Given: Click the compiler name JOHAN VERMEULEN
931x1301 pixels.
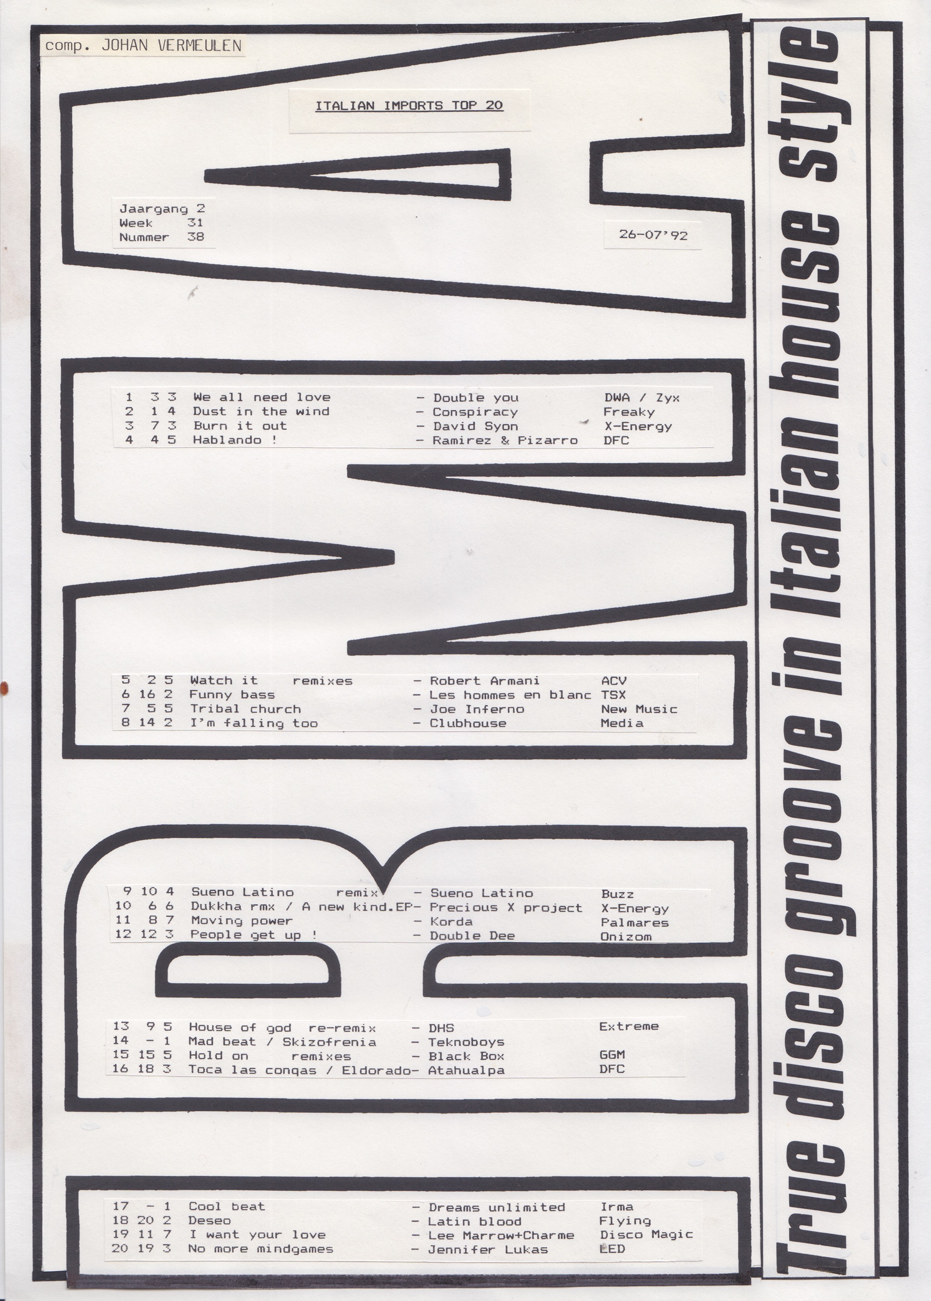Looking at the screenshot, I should pos(171,46).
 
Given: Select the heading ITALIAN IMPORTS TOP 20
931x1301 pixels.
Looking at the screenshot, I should pos(409,105).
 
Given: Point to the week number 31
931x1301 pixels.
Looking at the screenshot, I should pos(195,223).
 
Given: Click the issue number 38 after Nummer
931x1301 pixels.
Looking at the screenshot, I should pos(195,237).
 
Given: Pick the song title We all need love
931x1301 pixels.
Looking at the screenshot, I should pos(261,397).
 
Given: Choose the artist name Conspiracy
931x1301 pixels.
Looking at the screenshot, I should pos(475,412).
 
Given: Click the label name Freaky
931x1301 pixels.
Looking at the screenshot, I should pos(628,412).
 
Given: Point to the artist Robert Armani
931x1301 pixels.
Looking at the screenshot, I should pos(484,681).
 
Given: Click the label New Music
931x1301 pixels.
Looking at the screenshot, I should pos(639,709).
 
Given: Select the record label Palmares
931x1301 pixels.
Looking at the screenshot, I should pos(635,922).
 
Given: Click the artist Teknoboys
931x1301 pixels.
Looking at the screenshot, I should pos(466,1042).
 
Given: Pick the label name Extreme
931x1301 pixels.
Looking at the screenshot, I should pos(628,1026).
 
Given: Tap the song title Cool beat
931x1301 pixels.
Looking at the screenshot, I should pos(226,1206).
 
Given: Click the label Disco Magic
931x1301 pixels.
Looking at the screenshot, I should pos(646,1235).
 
